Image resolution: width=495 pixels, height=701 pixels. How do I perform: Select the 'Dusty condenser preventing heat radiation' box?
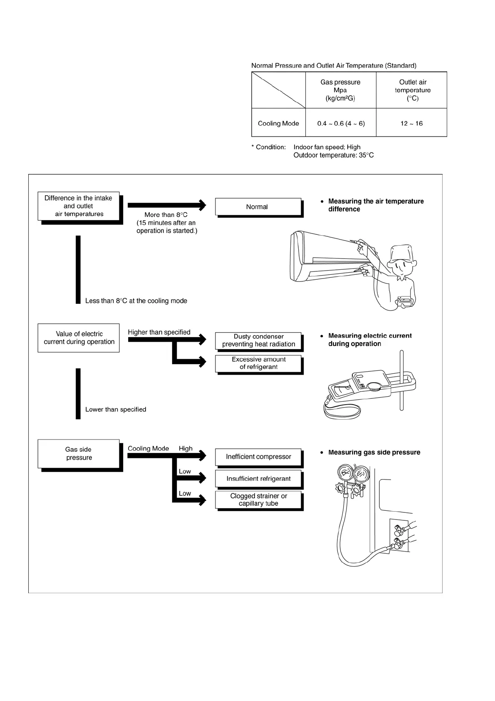point(258,341)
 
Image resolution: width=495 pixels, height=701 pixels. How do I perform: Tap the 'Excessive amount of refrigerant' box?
point(258,363)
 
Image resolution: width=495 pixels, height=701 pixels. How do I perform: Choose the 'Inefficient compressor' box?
point(258,457)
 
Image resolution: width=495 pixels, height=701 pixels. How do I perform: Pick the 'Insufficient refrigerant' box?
point(258,479)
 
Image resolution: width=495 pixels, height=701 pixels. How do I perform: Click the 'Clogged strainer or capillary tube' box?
point(258,500)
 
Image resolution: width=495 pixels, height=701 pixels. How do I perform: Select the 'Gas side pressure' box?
point(79,454)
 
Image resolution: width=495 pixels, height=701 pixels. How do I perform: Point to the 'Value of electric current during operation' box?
point(79,338)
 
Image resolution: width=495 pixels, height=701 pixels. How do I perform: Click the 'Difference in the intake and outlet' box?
point(79,206)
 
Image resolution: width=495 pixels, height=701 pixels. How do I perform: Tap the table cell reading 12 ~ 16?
point(411,123)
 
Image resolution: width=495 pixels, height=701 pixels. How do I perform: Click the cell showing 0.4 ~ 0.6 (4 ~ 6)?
point(341,123)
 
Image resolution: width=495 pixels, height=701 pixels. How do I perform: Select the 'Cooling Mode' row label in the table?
point(278,123)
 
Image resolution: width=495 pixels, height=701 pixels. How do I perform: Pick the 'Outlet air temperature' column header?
point(412,90)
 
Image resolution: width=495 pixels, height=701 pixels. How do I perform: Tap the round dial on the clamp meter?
point(374,387)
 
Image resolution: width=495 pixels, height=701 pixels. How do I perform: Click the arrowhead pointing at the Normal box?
point(203,205)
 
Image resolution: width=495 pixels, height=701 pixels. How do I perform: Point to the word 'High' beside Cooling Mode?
point(186,448)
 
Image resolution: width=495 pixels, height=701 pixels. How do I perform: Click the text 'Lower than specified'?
point(116,410)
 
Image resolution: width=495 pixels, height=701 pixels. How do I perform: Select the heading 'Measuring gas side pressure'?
point(374,452)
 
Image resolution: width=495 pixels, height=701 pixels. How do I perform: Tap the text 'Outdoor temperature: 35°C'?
point(333,155)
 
